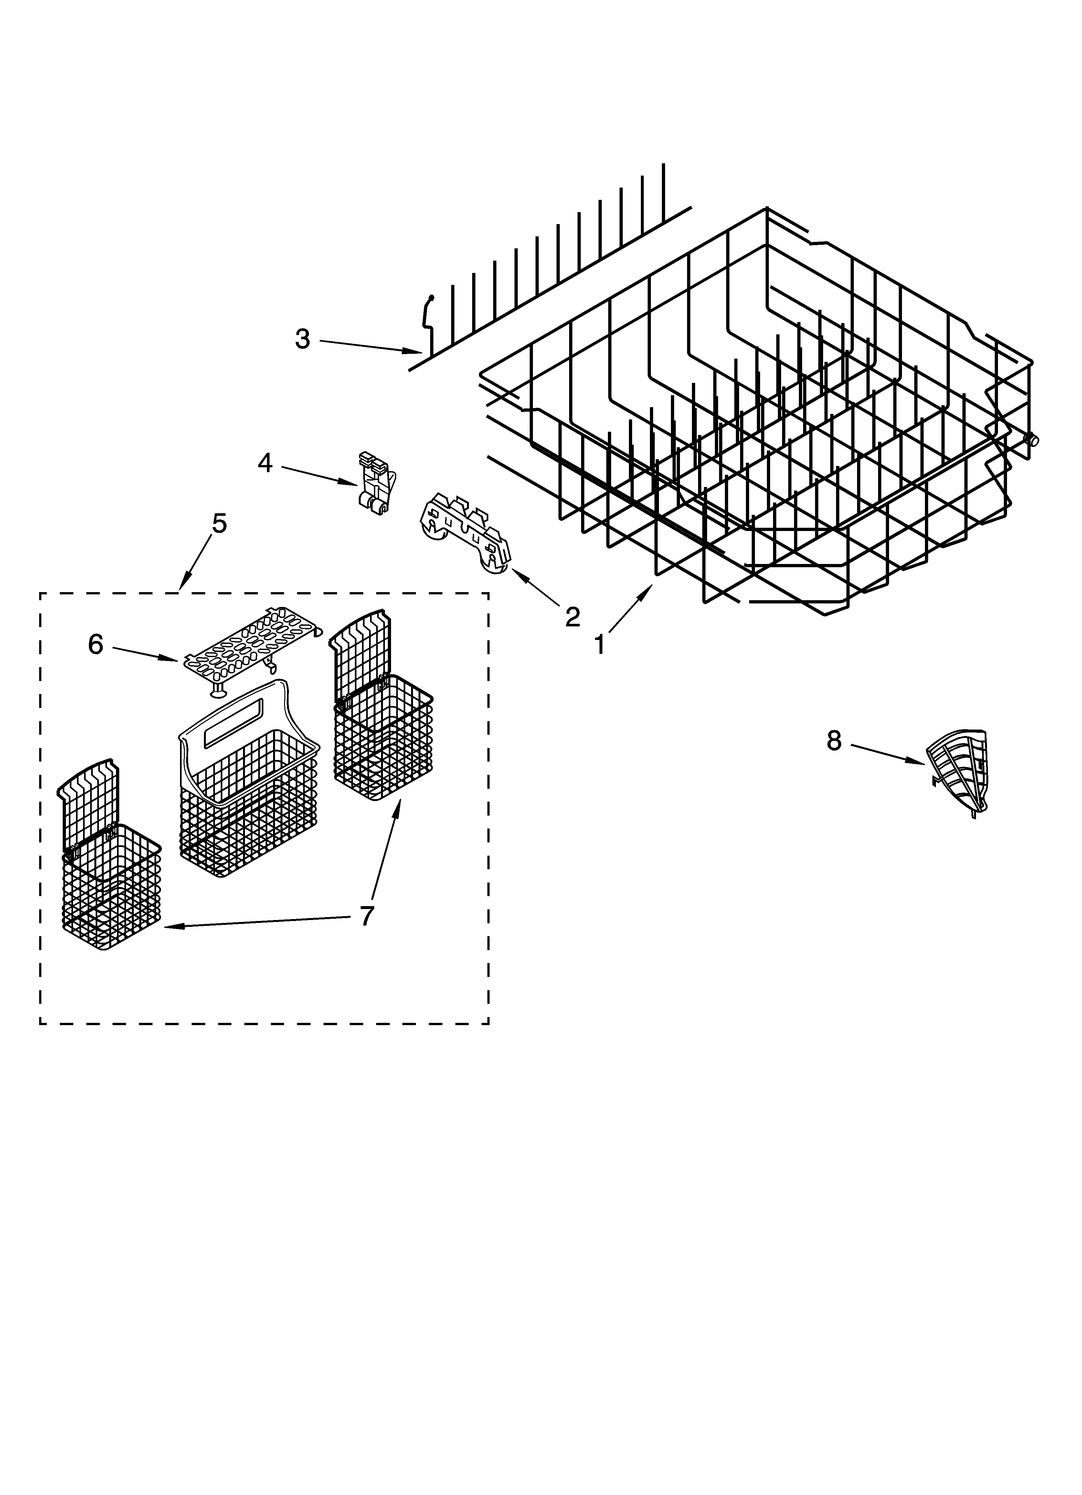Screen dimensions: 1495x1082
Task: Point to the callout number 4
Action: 265,463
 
